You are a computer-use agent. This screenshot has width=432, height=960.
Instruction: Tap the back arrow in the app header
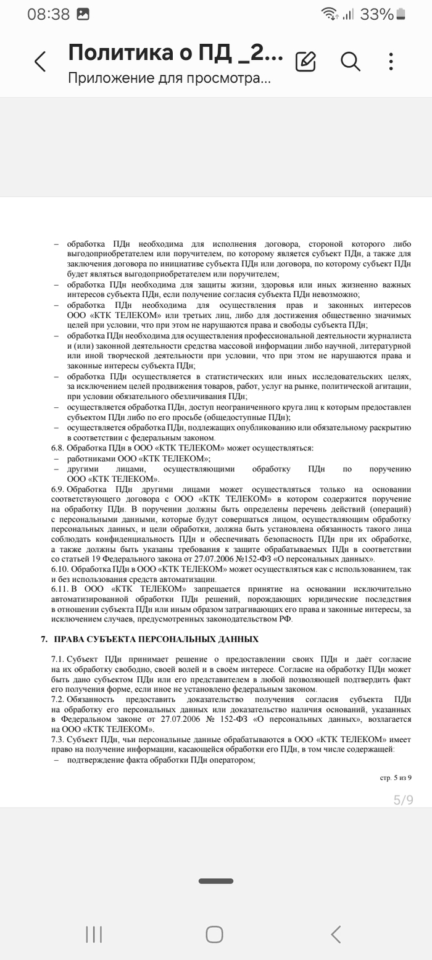point(40,62)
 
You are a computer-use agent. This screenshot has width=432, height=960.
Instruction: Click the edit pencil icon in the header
point(305,61)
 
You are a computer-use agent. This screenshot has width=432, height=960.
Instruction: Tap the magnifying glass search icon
point(351,61)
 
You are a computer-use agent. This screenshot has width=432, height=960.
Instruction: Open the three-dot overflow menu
point(391,61)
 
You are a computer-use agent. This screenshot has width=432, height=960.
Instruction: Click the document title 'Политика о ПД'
point(175,53)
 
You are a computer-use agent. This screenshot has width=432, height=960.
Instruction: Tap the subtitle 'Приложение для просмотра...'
point(168,78)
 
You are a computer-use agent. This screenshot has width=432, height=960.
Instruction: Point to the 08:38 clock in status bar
point(48,14)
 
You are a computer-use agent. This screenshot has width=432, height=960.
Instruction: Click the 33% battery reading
point(376,14)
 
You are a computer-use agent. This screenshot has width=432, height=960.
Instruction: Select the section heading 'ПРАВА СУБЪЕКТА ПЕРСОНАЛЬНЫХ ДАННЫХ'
point(156,639)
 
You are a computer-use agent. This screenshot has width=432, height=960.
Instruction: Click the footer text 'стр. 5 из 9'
point(396,779)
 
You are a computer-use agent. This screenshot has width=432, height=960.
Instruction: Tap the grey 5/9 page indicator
point(403,800)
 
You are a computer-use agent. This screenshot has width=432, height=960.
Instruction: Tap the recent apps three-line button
point(94,934)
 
